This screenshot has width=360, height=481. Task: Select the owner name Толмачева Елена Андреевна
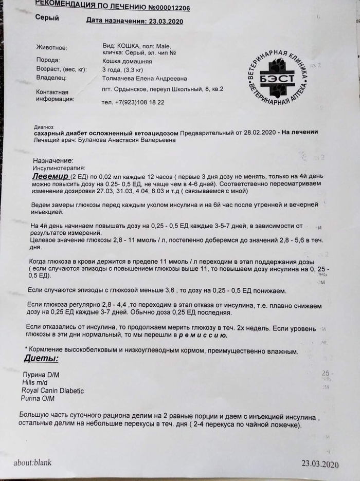click(x=145, y=78)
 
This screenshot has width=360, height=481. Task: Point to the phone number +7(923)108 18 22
click(x=133, y=102)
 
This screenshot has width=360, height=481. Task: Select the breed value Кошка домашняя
click(x=127, y=60)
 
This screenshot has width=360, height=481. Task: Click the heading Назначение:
click(x=53, y=160)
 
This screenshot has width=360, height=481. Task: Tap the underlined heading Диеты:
click(x=41, y=359)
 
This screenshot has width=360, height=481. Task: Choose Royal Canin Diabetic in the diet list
click(x=51, y=390)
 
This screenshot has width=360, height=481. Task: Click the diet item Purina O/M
click(x=39, y=398)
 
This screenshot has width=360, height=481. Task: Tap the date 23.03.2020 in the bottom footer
click(x=320, y=465)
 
